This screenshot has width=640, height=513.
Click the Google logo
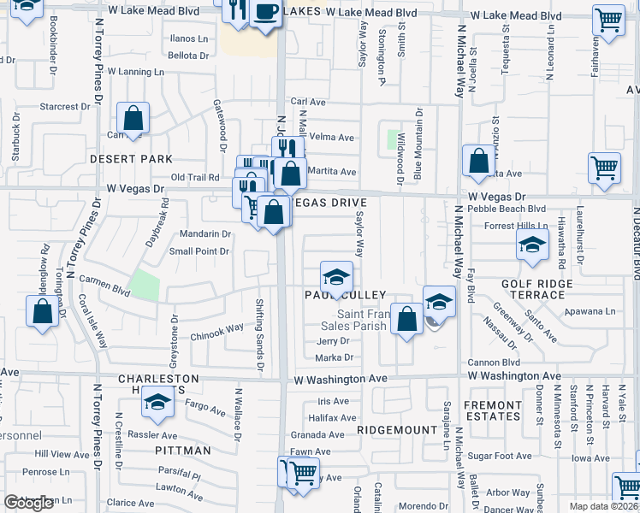28,503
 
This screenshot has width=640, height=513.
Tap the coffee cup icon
266,12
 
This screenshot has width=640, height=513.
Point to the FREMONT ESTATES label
492,410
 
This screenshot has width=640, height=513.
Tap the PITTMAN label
183,450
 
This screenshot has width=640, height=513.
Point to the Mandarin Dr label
205,233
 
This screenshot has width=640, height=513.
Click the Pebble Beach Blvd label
513,209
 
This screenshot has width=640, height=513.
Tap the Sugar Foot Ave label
501,456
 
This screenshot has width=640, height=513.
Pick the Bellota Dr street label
188,56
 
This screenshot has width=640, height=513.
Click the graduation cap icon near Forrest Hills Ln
532,245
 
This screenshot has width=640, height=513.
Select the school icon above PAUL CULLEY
336,277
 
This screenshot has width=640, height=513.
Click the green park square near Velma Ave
394,139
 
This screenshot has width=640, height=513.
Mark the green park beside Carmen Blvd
145,286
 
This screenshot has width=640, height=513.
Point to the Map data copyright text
604,506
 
